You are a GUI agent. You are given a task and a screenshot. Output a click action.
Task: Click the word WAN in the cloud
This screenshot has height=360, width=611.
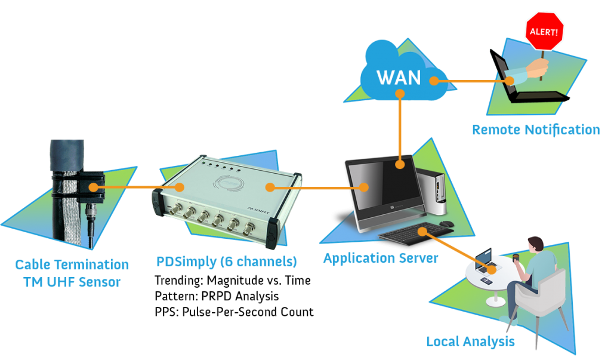click(x=399, y=78)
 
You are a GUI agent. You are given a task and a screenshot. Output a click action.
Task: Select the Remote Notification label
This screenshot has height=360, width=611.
click(x=536, y=130)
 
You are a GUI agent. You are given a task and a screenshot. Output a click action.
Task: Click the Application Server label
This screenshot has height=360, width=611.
click(x=381, y=259)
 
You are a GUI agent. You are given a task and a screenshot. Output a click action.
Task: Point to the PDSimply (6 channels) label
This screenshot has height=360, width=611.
click(x=226, y=261)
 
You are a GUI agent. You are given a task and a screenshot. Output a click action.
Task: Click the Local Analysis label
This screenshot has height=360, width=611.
click(x=470, y=341)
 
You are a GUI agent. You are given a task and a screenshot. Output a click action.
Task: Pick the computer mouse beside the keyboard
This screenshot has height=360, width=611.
click(x=446, y=224)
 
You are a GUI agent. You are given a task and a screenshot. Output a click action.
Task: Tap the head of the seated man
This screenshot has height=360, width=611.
click(x=535, y=244)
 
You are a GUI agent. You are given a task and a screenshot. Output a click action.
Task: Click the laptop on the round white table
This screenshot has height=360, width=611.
click(x=483, y=260)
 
